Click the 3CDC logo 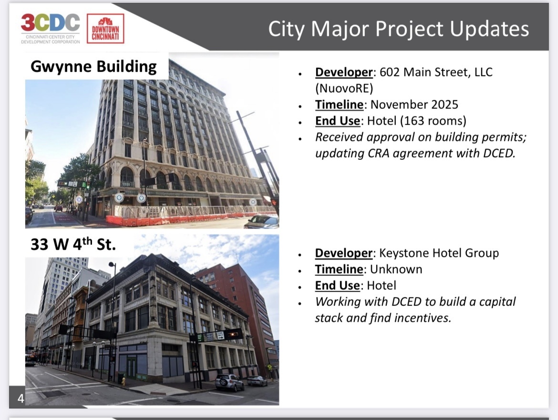[51, 29]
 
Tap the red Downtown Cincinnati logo [105, 29]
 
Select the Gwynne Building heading [93, 67]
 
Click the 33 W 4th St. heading [73, 244]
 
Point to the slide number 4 [21, 398]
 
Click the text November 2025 [414, 105]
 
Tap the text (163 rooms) [433, 121]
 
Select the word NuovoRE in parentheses [344, 88]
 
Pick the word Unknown [396, 269]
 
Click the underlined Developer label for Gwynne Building [344, 73]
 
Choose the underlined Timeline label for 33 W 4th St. [339, 269]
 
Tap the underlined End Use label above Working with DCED [337, 285]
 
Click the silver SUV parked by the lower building [229, 383]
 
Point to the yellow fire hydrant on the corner [124, 381]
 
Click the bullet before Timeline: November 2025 [300, 106]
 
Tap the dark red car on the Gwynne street [59, 209]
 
